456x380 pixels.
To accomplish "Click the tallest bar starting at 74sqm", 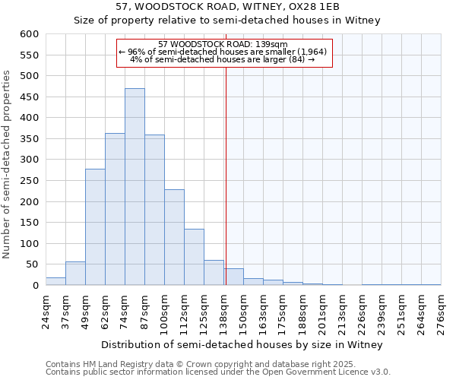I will coord(135,187).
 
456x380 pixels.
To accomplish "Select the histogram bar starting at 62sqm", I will coord(115,209).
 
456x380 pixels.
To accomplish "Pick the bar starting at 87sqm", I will coord(154,210).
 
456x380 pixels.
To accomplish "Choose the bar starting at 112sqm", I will coord(194,257).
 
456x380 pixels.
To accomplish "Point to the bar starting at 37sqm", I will coord(75,274).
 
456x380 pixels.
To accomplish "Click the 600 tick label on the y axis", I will coord(29,34).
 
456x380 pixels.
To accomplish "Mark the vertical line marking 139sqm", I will coord(226,175).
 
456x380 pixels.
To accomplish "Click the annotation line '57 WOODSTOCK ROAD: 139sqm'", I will coord(224,44).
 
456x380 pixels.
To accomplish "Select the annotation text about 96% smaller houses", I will coord(224,52).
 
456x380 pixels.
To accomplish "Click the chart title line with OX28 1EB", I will coord(227,6).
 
